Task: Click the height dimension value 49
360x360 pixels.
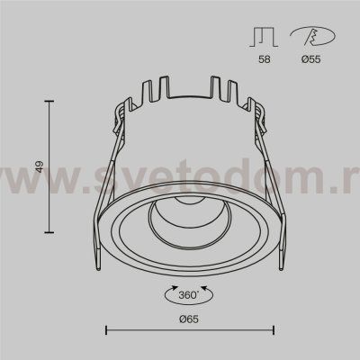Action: point(40,166)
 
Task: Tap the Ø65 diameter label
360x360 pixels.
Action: point(189,319)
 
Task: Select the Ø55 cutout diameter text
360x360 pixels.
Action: point(310,59)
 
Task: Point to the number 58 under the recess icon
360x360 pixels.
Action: point(265,59)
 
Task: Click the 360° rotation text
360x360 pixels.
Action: point(189,295)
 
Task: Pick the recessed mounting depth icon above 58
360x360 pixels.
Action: point(264,38)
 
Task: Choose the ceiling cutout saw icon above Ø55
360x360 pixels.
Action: point(312,37)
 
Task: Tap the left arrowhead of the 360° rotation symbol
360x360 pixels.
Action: point(175,288)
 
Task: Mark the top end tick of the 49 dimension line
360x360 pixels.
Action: point(49,102)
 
